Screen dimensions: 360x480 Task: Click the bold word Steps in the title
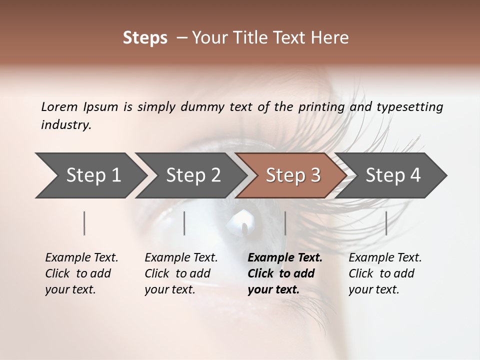145,38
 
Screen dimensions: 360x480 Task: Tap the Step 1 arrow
90,175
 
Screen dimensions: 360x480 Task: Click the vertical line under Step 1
84,223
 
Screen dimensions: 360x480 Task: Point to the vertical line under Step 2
184,223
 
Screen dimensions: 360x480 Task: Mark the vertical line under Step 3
285,223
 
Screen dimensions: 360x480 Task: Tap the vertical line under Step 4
386,223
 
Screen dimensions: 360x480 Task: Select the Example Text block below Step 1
81,273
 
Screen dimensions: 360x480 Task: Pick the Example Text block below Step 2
181,273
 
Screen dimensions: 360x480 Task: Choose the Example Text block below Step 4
384,273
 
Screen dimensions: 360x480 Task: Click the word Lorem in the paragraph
59,106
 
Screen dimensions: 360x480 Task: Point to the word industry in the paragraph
65,125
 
